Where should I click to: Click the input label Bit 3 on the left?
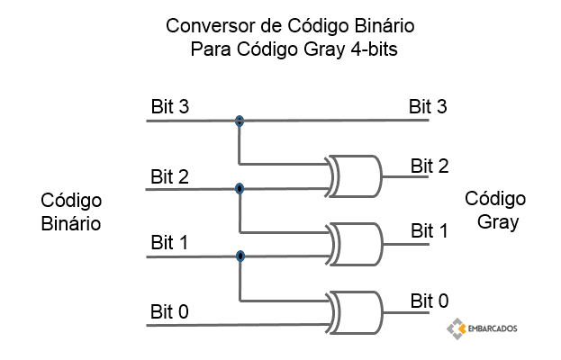coord(169,106)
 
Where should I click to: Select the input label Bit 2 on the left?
coord(169,175)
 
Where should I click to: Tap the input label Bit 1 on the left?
coord(169,243)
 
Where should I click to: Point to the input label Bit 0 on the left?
coord(169,312)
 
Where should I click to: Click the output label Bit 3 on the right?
coord(429,106)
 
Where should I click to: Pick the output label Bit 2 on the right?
coord(430,165)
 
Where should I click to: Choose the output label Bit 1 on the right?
coord(430,231)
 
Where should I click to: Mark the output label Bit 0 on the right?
coord(430,301)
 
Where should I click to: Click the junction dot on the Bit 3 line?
coord(240,121)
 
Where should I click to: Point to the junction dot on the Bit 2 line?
coord(240,188)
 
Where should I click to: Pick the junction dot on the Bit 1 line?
coord(240,256)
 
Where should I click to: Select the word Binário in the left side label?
coord(71,221)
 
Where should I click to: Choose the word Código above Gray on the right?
coord(496,198)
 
